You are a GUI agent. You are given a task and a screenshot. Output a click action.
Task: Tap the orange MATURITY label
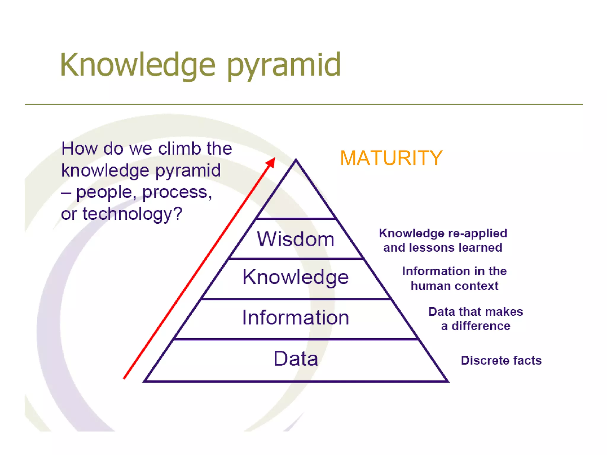[391, 158]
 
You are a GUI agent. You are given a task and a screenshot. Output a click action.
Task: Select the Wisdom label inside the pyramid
[295, 239]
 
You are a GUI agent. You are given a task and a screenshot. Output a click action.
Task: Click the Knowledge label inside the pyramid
[295, 277]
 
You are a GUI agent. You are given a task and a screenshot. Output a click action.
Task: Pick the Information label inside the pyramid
[295, 318]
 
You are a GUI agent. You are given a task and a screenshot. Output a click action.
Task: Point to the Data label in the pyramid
[295, 358]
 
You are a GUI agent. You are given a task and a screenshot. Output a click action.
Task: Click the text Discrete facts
[501, 361]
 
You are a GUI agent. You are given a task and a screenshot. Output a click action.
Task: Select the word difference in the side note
[481, 326]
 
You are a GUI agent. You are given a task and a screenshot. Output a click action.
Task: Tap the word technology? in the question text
[132, 214]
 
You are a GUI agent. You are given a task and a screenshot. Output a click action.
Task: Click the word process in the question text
[177, 193]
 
